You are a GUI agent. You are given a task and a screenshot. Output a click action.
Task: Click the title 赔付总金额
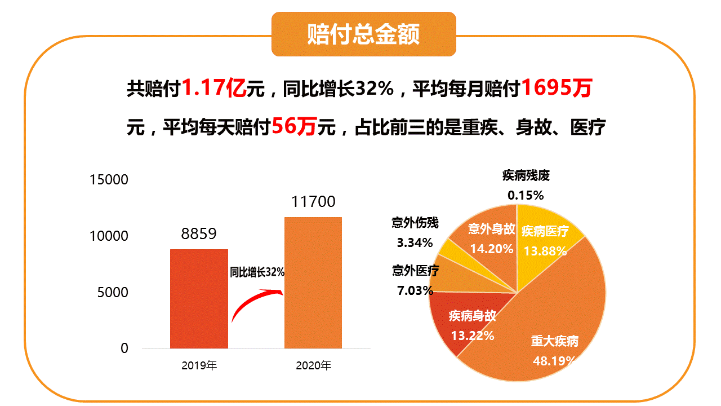363,34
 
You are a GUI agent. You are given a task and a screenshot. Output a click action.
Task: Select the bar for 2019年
199,299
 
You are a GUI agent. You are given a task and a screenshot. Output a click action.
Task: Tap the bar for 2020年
313,282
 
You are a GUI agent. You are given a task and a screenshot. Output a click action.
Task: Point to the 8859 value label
199,234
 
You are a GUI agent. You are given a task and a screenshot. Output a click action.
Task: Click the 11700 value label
313,202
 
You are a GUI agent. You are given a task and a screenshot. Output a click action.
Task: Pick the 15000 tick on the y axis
109,180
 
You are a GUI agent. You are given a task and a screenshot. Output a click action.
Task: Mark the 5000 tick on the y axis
109,293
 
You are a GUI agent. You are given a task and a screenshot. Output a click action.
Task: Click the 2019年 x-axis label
199,365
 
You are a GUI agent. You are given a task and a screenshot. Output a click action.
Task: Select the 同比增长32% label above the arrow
257,272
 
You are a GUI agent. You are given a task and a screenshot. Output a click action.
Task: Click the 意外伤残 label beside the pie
415,223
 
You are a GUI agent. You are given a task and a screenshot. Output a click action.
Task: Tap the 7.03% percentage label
414,291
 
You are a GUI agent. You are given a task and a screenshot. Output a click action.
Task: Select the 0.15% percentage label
525,196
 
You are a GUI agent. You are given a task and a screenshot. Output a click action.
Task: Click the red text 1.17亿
215,88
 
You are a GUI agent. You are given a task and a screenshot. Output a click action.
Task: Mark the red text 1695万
556,88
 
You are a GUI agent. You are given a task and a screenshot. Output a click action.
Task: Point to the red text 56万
293,127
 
